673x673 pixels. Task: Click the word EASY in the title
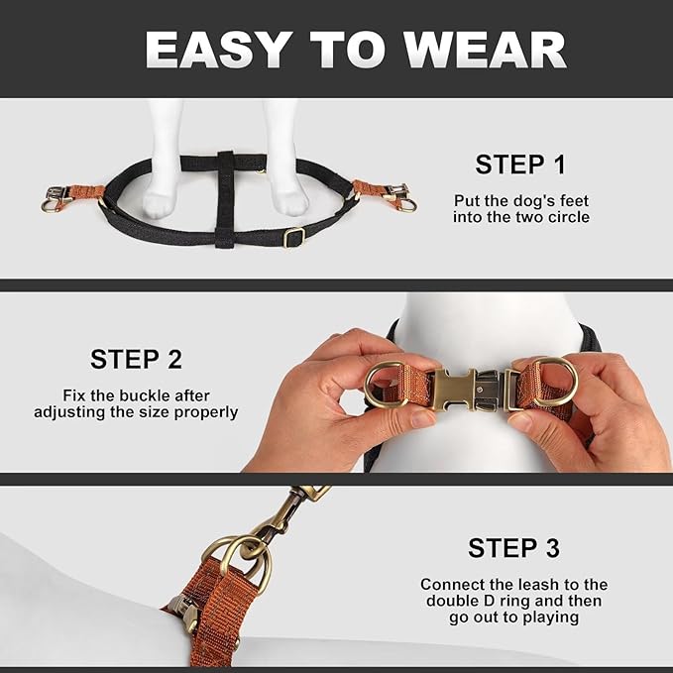216,50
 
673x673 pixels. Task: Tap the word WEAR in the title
485,50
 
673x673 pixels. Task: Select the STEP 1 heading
520,165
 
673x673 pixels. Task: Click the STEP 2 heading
136,359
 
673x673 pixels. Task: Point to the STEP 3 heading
513,548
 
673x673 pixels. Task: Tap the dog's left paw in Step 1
160,202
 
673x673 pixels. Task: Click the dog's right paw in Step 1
291,201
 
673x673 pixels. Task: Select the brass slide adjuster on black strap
294,237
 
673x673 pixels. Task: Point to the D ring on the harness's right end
405,205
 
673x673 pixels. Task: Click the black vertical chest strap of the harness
224,198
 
